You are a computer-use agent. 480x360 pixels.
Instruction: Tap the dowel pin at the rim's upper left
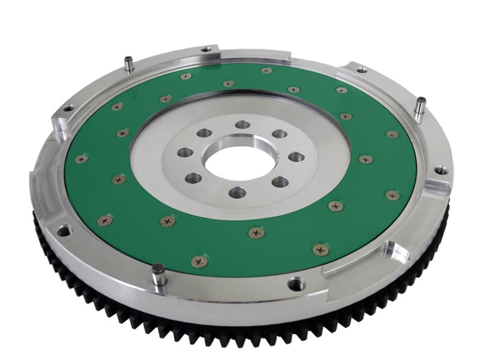point(129,63)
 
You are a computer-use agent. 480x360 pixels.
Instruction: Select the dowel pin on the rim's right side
point(421,106)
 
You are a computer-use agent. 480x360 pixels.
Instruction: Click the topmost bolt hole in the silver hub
point(242,125)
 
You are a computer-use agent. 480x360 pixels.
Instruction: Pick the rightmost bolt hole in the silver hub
point(296,157)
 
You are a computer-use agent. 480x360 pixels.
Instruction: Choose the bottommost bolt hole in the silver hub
point(238,193)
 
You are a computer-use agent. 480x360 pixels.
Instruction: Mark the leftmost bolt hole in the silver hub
point(185,152)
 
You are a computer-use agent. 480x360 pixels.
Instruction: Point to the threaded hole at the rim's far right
point(442,170)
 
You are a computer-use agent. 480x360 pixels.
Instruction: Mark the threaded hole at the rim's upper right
point(362,70)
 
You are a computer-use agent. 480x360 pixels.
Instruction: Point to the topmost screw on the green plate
point(266,70)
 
